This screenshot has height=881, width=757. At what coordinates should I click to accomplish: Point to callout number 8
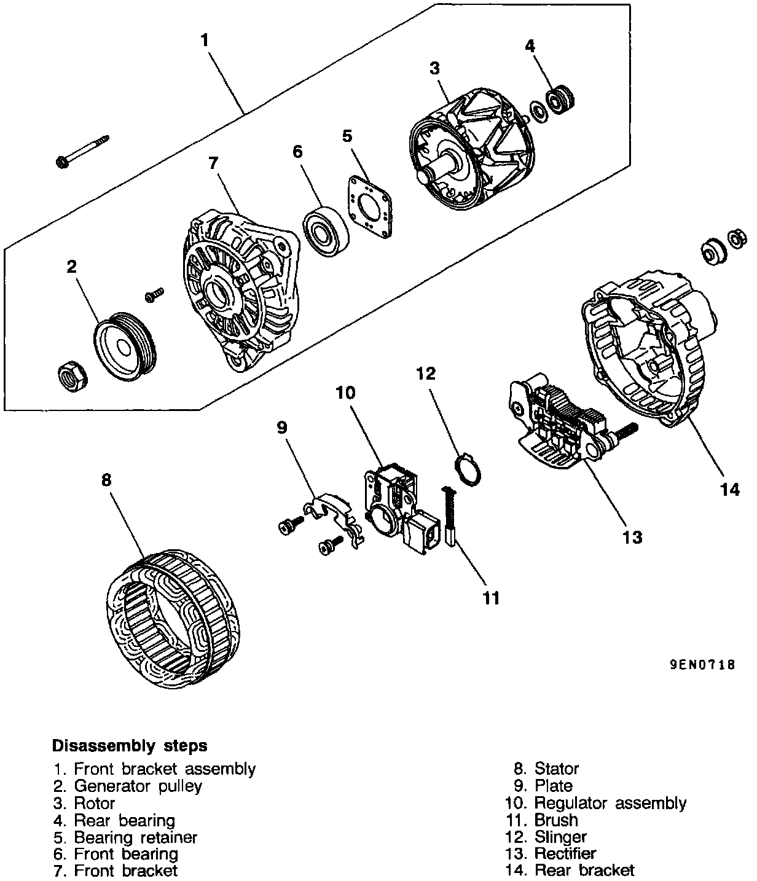tap(106, 480)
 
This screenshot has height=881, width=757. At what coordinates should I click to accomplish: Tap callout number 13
tap(632, 537)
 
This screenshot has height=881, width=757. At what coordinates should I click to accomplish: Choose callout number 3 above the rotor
tap(434, 68)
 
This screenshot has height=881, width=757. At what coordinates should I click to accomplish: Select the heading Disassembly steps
tap(130, 746)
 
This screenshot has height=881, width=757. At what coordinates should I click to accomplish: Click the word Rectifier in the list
tap(565, 853)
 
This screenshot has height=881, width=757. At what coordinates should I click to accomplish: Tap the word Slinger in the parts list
tap(560, 837)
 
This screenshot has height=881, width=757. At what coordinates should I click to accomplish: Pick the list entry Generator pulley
tap(138, 786)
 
